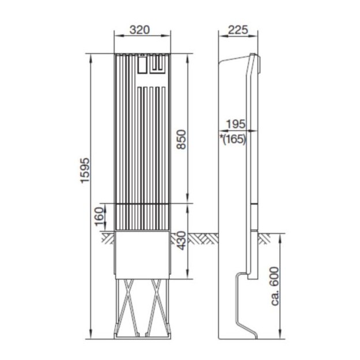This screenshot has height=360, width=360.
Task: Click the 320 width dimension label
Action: (x=139, y=30)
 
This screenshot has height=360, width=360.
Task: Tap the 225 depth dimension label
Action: (x=238, y=30)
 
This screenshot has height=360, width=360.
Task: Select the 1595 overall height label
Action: (x=85, y=170)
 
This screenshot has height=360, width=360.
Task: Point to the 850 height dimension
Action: (x=182, y=139)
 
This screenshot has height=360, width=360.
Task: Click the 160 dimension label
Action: (x=99, y=217)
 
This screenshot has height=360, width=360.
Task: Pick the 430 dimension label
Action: (x=181, y=240)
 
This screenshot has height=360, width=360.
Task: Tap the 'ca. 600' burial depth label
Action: (x=275, y=286)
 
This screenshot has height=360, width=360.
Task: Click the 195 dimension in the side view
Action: (x=236, y=124)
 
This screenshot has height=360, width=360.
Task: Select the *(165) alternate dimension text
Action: (x=233, y=139)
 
